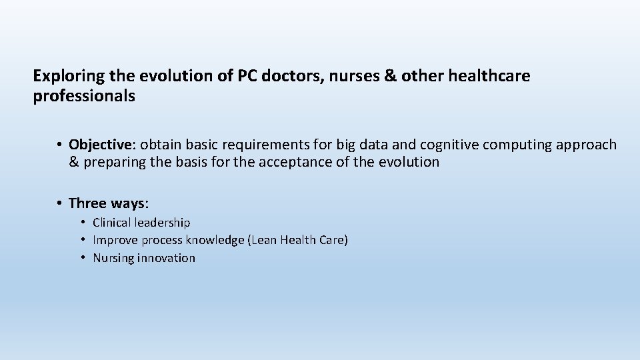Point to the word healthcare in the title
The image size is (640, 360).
click(x=489, y=76)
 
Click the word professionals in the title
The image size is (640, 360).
click(x=84, y=97)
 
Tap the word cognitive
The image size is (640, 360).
click(x=449, y=145)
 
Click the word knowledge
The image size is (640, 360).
click(x=212, y=240)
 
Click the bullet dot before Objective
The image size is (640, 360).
click(x=59, y=145)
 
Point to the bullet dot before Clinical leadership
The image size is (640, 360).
click(x=83, y=222)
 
